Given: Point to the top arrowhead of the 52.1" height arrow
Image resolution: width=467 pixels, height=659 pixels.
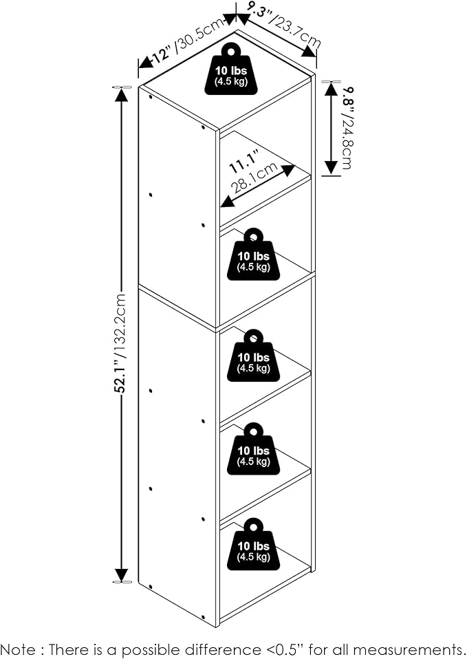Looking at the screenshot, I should (x=122, y=94).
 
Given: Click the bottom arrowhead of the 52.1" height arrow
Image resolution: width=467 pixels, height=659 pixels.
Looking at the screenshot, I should (x=122, y=575).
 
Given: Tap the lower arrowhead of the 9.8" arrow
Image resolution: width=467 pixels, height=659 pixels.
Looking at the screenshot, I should (x=330, y=167).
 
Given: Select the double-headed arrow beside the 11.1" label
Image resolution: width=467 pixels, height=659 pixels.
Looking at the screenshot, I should (x=257, y=184).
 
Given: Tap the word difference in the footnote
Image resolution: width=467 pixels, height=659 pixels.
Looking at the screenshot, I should (x=220, y=649).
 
